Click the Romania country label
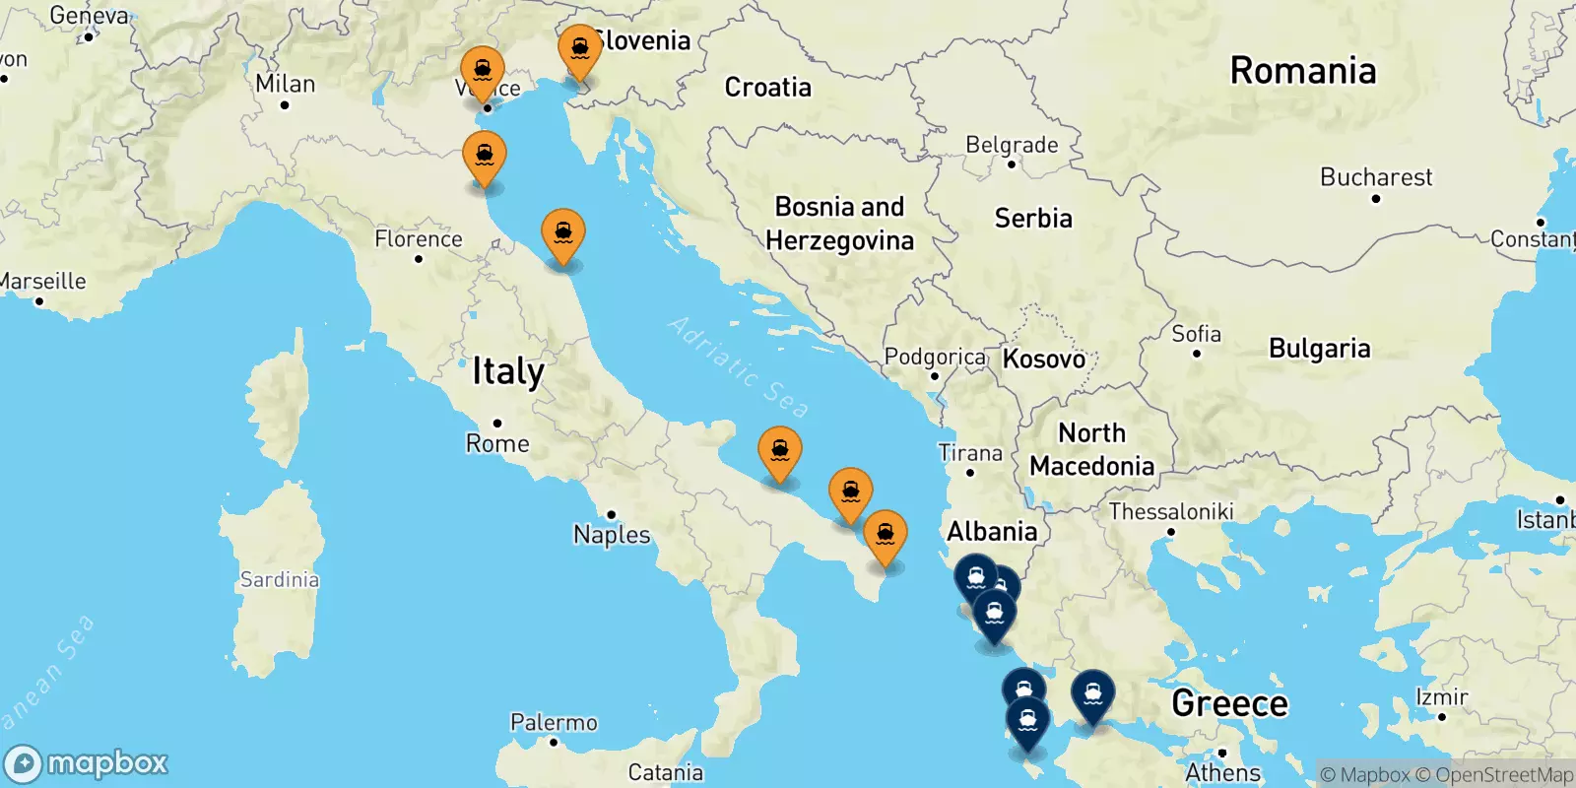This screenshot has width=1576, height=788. [1302, 71]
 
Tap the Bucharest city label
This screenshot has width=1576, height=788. [1376, 177]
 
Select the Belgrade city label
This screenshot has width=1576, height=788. [1012, 145]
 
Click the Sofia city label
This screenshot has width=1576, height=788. [1196, 334]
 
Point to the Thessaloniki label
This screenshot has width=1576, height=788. [1171, 511]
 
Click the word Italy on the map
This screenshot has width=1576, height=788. [507, 371]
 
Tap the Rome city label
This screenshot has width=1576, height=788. [497, 443]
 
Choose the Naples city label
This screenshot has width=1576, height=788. [612, 534]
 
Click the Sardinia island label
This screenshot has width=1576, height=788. [280, 579]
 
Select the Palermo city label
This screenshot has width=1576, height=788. [554, 722]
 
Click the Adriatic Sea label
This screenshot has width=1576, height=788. [739, 367]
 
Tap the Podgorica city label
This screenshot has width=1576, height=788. [934, 357]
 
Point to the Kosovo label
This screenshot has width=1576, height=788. [1044, 359]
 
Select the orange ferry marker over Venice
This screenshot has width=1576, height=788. [483, 74]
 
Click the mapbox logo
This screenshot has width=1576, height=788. [87, 763]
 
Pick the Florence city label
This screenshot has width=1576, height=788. [419, 239]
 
